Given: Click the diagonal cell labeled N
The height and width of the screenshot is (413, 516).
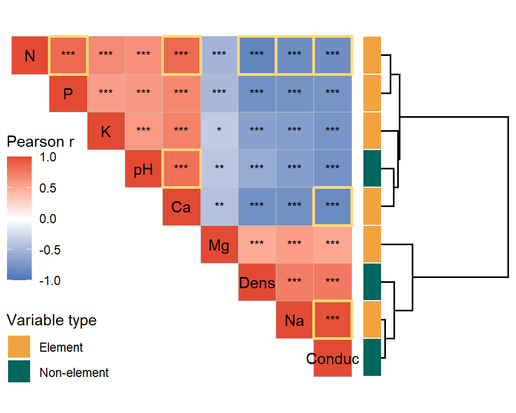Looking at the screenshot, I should click(30, 55).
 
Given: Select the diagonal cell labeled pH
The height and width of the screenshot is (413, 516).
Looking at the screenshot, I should click(144, 169).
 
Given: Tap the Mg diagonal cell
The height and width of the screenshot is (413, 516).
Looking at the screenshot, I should click(219, 245).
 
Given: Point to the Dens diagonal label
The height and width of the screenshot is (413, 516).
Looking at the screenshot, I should click(257, 282).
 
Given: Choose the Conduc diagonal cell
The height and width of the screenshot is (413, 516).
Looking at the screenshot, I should click(333, 358).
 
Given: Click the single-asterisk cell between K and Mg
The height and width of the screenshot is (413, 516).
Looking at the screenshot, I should click(219, 131).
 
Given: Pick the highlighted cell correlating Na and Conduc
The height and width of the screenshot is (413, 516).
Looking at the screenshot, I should click(332, 320).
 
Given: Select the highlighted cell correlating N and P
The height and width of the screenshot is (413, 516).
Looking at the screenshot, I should click(68, 55).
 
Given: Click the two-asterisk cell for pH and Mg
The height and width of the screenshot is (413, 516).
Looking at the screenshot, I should click(219, 169).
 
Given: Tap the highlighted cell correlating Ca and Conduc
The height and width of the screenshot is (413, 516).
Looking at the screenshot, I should click(332, 206).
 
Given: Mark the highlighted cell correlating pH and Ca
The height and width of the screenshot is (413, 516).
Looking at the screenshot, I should click(181, 169).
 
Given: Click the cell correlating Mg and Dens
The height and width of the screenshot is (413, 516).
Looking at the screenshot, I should click(257, 245).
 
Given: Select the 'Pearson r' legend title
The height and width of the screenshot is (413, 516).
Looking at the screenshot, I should click(40, 142).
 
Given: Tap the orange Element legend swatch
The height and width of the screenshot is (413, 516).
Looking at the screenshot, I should click(19, 347).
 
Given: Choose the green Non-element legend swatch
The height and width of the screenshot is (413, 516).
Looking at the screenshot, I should click(19, 372).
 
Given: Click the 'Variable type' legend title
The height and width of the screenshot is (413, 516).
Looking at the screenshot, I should click(52, 320).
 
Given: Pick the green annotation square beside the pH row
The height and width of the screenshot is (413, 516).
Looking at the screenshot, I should click(372, 169).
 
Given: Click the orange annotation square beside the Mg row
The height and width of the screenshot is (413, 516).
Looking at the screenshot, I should click(372, 245).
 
